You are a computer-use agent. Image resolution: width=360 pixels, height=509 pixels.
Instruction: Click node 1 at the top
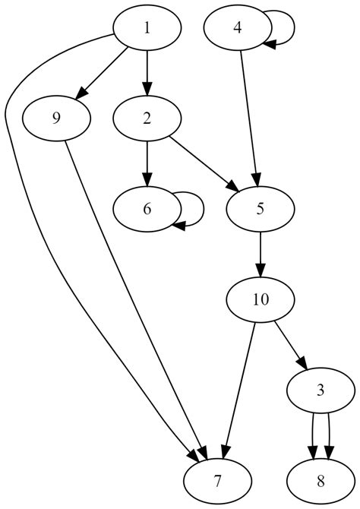[x=147, y=28]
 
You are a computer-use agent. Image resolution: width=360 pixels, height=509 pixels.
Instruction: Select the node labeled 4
[x=238, y=28]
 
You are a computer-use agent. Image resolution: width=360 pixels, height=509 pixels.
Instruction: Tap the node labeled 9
[x=56, y=118]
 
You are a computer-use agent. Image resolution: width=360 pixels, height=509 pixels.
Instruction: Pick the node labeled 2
[x=147, y=118]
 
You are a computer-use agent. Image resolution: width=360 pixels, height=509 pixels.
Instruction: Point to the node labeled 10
[x=260, y=299]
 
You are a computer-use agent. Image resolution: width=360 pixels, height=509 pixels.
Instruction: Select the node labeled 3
[x=321, y=391]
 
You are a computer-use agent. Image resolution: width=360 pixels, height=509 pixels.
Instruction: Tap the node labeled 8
[x=321, y=482]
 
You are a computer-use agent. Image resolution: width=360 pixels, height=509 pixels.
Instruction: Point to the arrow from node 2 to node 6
[x=147, y=163]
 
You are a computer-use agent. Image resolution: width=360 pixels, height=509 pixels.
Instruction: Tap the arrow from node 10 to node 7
[x=239, y=390]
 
